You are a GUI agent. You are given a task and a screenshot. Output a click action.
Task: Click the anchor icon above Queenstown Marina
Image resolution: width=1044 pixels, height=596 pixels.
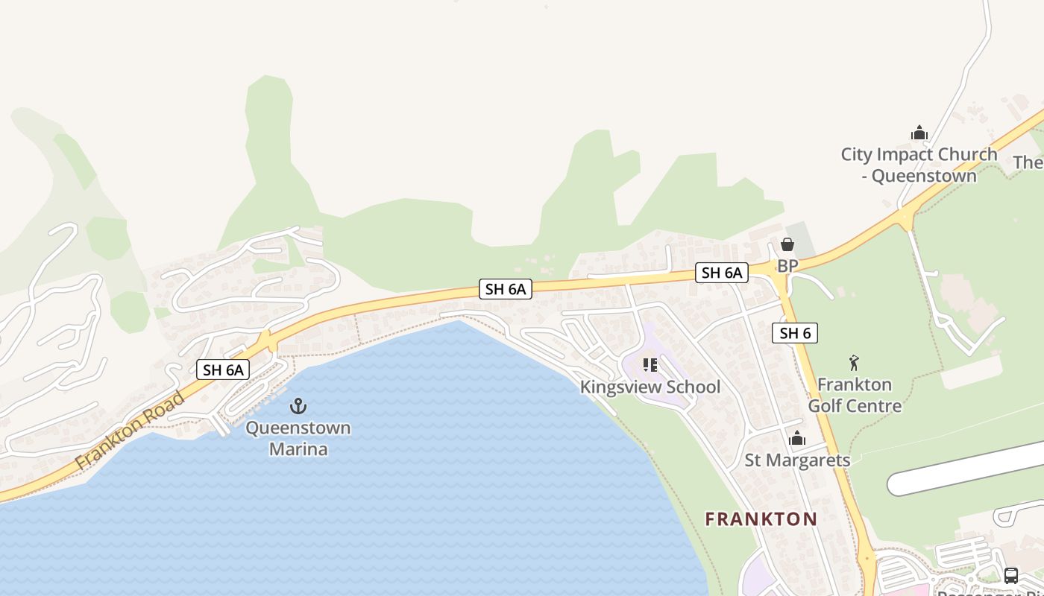(298, 406)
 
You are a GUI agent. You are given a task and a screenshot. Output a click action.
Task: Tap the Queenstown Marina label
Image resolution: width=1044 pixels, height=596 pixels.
(298, 439)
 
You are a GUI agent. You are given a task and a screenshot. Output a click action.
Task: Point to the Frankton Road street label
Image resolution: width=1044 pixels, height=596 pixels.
(130, 431)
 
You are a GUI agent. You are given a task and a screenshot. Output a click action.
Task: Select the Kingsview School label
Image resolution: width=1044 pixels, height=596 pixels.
(650, 387)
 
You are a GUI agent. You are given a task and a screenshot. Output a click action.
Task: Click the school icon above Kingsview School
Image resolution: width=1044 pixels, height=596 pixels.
(650, 365)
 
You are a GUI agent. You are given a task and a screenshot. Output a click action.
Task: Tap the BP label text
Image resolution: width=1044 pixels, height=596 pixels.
(787, 266)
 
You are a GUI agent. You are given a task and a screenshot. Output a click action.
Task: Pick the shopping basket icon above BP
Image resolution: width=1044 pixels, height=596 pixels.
(787, 244)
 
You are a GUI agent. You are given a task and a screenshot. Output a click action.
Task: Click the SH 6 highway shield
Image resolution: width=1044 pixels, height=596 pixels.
(794, 333)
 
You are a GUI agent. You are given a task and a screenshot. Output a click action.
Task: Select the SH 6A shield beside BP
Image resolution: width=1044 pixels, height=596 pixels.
(722, 273)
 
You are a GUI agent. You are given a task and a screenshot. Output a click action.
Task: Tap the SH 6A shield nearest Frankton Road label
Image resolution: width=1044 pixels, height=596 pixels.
(224, 370)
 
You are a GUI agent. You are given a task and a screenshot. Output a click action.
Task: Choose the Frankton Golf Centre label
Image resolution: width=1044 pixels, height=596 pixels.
(855, 395)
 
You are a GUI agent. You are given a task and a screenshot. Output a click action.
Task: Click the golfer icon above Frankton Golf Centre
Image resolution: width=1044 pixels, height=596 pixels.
(855, 364)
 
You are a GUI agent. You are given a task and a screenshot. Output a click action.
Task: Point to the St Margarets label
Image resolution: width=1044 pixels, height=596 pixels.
(797, 460)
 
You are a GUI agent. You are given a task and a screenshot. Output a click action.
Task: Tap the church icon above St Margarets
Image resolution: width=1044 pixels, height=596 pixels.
(797, 438)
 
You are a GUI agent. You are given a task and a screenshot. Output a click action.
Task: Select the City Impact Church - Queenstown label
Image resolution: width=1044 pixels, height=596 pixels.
(919, 165)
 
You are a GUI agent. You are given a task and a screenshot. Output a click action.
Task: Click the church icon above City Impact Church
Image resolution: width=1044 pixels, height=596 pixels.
(919, 133)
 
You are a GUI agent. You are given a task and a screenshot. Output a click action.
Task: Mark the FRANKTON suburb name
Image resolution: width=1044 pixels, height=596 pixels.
(761, 519)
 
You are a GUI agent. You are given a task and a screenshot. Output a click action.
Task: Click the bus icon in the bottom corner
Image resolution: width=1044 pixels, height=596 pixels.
(1011, 576)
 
